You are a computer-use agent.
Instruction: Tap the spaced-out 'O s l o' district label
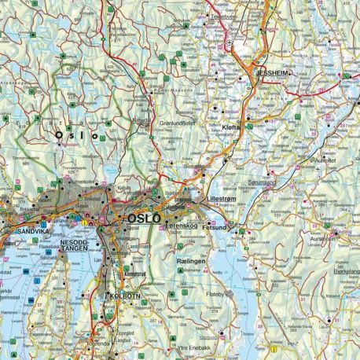[x=76, y=136]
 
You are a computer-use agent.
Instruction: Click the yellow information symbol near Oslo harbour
[x=83, y=222]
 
